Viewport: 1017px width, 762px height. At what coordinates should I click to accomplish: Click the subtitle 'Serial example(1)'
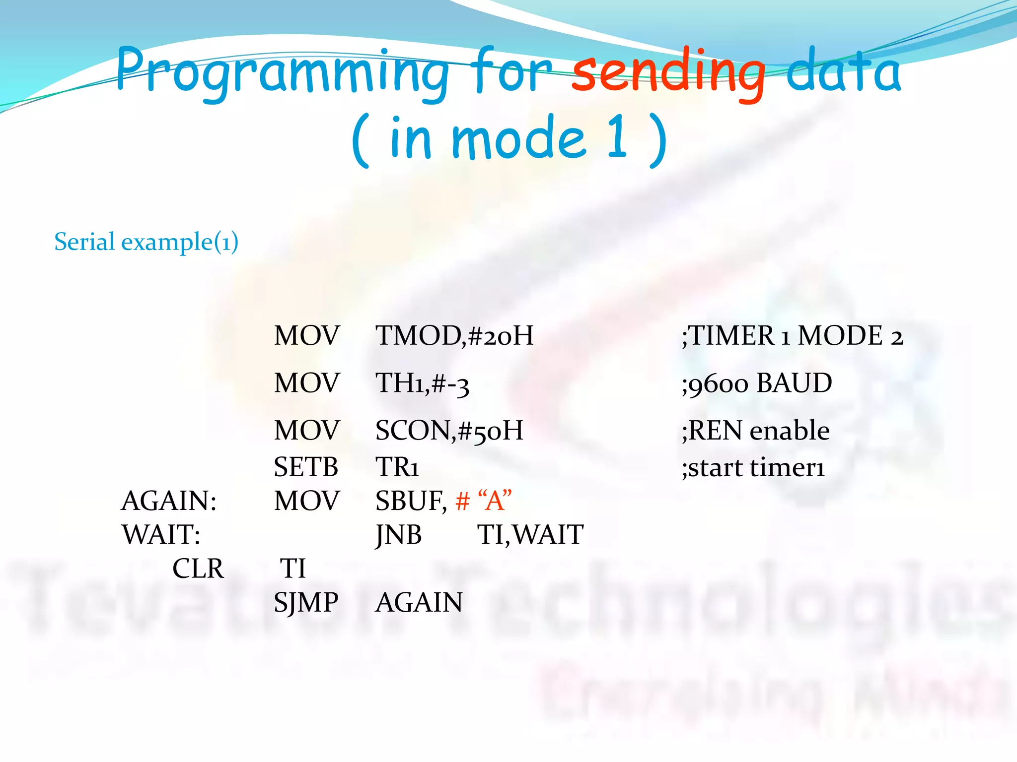146,242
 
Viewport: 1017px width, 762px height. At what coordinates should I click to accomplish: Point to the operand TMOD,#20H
454,336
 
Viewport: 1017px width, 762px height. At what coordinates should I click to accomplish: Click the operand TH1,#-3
422,383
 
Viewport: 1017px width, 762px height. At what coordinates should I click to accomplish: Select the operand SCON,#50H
449,431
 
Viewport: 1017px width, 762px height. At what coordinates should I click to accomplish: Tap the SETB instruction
306,467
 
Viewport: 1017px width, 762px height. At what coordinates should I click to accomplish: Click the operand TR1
397,467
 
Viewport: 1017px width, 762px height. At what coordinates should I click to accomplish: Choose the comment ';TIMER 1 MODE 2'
792,336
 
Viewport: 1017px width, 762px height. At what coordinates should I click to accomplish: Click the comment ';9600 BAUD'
757,383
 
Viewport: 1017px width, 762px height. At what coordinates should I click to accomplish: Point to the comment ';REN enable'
755,431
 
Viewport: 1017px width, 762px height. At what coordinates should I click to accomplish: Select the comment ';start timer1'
753,468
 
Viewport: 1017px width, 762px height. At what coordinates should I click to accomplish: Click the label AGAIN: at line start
169,501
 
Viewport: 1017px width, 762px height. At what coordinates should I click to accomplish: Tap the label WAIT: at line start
161,535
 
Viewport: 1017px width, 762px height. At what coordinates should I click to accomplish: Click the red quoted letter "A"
494,500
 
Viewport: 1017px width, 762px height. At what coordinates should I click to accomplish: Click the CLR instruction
198,569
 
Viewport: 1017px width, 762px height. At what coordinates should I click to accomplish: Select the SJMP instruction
306,603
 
